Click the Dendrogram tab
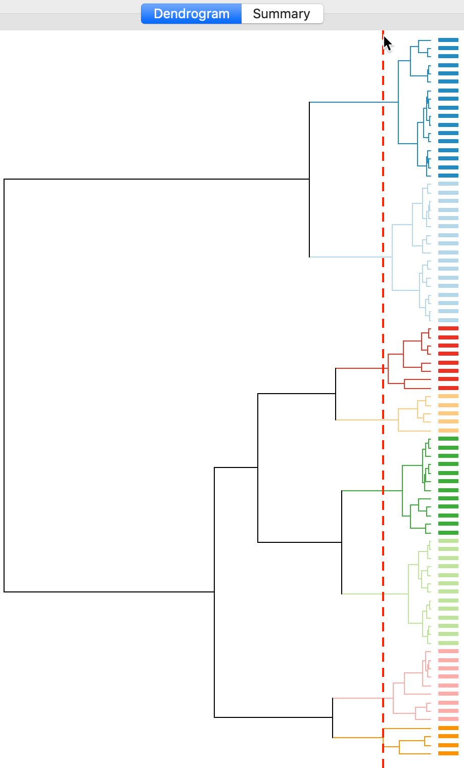pyautogui.click(x=191, y=14)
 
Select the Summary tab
pyautogui.click(x=282, y=14)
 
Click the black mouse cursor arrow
pyautogui.click(x=387, y=44)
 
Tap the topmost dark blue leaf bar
pyautogui.click(x=448, y=40)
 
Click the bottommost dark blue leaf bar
pyautogui.click(x=448, y=176)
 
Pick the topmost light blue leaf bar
pyautogui.click(x=448, y=184)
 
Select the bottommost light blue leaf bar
pyautogui.click(x=448, y=320)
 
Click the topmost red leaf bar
pyautogui.click(x=448, y=329)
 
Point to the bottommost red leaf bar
pyautogui.click(x=448, y=388)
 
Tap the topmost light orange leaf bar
pyautogui.click(x=448, y=396)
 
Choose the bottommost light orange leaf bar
pyautogui.click(x=448, y=431)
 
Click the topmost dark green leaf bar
pyautogui.click(x=448, y=439)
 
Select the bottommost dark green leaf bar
pyautogui.click(x=448, y=533)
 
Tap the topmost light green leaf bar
pyautogui.click(x=448, y=541)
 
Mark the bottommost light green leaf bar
pyautogui.click(x=448, y=643)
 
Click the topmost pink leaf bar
pyautogui.click(x=448, y=651)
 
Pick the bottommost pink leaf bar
pyautogui.click(x=448, y=719)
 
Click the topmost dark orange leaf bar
pyautogui.click(x=448, y=728)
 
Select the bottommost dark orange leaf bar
pyautogui.click(x=448, y=753)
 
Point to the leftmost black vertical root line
pyautogui.click(x=4, y=385)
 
